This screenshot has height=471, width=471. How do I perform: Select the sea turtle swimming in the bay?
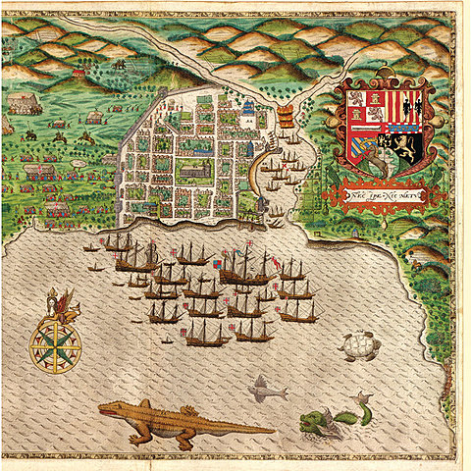(358, 346)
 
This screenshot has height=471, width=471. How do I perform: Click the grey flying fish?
(265, 391)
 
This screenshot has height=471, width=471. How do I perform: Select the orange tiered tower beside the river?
(286, 118)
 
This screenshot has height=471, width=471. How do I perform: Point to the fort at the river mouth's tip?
(263, 205)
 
